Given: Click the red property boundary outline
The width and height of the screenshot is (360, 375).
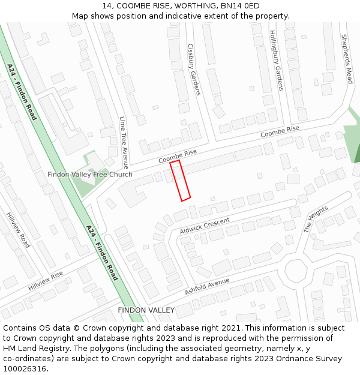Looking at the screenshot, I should pos(181,181).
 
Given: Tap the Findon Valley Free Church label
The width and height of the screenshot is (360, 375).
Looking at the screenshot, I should pos(90,175).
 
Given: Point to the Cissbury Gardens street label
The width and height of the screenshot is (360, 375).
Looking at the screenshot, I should pos(193,69).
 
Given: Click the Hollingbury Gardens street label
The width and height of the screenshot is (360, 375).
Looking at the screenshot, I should pos(275,60).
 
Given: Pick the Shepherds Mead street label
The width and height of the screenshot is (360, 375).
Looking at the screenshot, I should pos(346,58).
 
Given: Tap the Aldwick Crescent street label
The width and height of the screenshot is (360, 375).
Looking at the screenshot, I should pos(205,226).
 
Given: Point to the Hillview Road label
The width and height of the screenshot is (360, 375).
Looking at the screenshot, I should pos(18,229).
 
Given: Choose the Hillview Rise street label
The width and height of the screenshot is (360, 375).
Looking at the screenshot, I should pos(46,281).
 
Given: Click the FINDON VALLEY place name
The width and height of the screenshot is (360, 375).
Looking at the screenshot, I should pos(146,310).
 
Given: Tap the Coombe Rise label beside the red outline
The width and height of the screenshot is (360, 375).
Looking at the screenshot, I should pos(178,157).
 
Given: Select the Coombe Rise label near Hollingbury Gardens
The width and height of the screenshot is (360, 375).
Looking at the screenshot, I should pos(280,132).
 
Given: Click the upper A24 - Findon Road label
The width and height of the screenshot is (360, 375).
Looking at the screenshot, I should pos(22,91).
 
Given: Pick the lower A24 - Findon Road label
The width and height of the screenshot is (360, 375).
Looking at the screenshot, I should pos(101,253).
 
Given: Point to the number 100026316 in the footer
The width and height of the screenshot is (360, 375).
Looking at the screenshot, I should pos(24,368).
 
